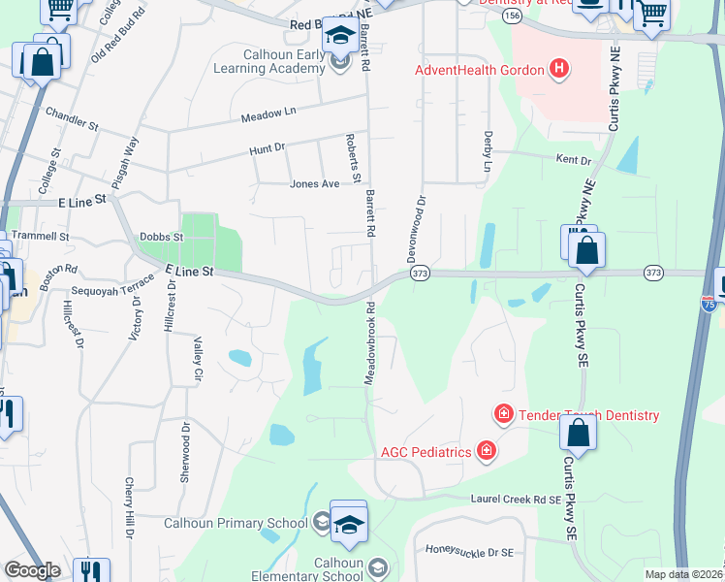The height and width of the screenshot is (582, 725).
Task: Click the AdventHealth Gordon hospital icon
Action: click(558, 69)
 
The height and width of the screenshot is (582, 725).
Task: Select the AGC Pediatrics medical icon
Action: click(486, 451)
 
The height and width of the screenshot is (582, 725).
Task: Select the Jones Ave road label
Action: click(314, 183)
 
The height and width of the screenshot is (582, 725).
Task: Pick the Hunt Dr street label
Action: click(267, 148)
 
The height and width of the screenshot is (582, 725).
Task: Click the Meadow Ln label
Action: click(268, 117)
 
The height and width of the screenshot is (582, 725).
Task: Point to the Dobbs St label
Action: click(161, 236)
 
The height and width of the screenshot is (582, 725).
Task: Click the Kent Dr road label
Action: click(573, 159)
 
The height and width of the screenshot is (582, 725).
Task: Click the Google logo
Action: click(32, 569)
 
